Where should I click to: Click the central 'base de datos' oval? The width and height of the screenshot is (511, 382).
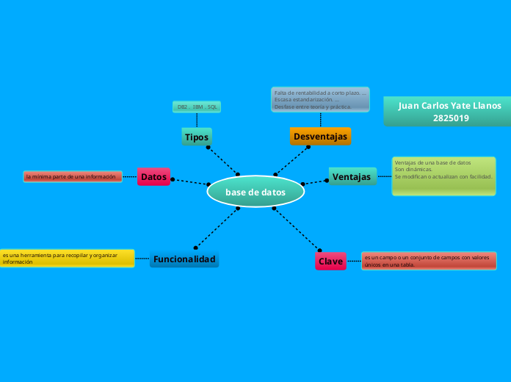click(255, 192)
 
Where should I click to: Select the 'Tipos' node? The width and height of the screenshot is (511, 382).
click(197, 137)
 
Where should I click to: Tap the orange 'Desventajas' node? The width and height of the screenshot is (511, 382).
click(320, 136)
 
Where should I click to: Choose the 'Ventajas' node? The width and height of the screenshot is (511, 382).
click(351, 176)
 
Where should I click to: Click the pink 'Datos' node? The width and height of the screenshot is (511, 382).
click(153, 176)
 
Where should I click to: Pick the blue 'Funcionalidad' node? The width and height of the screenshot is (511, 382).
click(184, 259)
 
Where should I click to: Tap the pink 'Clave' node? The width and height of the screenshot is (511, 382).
click(330, 261)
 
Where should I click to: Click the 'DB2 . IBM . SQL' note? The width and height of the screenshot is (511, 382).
click(197, 107)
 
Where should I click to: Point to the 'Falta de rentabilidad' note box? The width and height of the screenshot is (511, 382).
click(320, 99)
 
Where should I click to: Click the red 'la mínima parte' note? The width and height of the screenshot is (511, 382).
click(72, 176)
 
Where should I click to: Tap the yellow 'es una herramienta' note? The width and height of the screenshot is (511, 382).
click(66, 258)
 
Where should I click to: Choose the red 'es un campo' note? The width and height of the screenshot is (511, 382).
click(429, 261)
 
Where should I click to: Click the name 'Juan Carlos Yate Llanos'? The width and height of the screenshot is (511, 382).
click(449, 106)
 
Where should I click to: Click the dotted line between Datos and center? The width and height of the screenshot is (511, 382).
click(190, 181)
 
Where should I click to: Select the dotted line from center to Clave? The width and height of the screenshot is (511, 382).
click(297, 228)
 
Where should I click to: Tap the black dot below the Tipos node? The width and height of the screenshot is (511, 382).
click(209, 148)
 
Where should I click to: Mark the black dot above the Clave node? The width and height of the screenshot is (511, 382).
click(320, 250)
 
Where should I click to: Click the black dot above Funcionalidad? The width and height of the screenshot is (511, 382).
click(195, 248)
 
